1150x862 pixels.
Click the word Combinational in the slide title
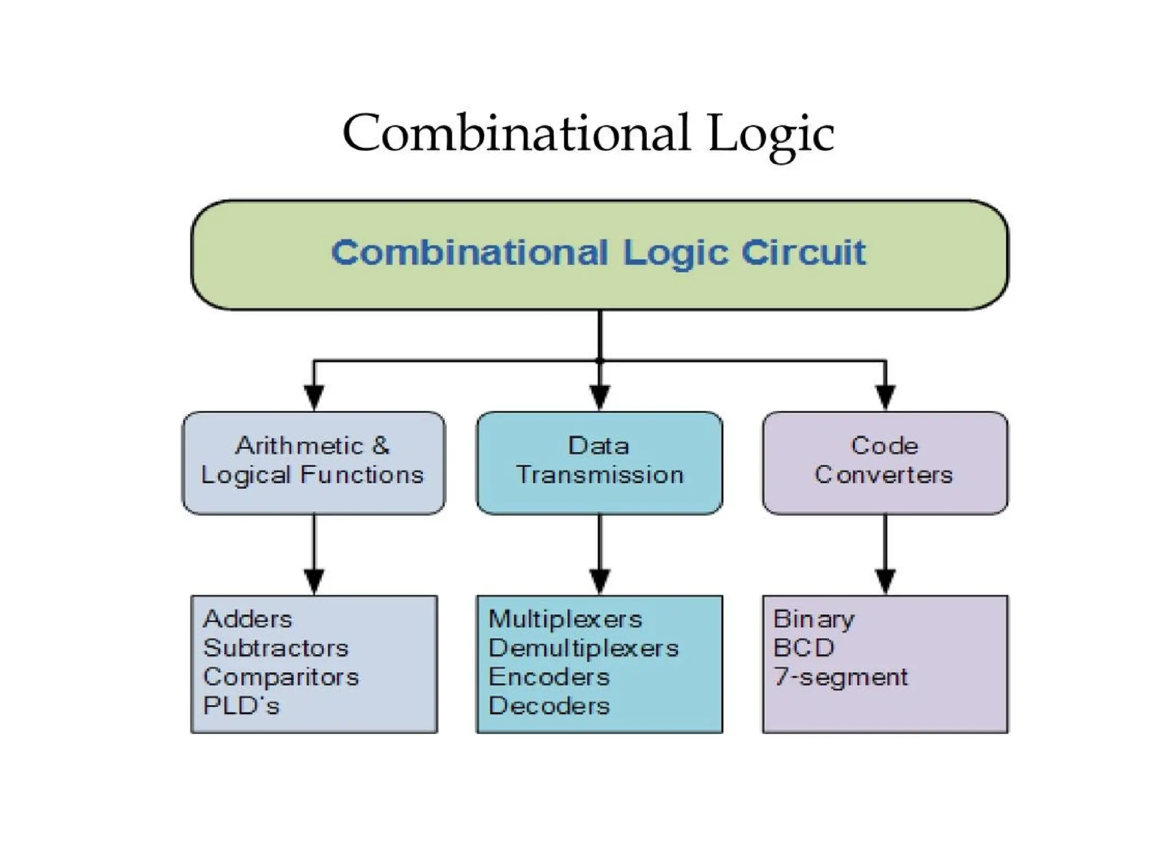(515, 134)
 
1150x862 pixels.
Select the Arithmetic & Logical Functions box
(313, 462)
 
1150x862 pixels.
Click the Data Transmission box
(599, 462)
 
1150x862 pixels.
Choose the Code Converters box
(884, 462)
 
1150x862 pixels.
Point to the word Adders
(248, 620)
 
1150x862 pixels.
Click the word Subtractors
(276, 649)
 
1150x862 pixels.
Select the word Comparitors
(281, 677)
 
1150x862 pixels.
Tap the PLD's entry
(241, 706)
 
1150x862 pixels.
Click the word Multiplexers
(565, 620)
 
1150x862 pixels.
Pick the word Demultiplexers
(583, 649)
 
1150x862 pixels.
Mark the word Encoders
(549, 677)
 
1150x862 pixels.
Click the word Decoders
(549, 706)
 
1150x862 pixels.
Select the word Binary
(814, 620)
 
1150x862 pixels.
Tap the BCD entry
(804, 649)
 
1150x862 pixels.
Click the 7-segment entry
(841, 677)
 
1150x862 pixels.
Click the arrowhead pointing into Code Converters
(886, 397)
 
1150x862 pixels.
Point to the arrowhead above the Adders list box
(314, 581)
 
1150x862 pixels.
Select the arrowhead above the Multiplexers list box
(600, 581)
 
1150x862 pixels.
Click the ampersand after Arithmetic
(380, 446)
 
